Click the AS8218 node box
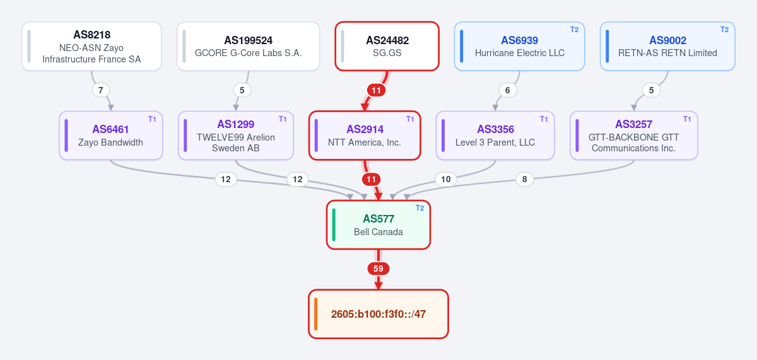tap(91, 46)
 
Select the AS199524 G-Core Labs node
tap(249, 46)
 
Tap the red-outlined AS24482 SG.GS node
tap(387, 46)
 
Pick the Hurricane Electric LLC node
tap(519, 46)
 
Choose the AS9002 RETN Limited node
tap(667, 46)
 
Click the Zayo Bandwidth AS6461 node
tap(111, 136)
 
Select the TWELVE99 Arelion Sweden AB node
tap(236, 136)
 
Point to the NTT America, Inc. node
tap(365, 136)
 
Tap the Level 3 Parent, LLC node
tap(495, 136)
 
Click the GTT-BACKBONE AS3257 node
tap(633, 136)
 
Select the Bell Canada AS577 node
tap(378, 225)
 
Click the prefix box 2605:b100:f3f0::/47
tap(378, 314)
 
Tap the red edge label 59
tap(378, 269)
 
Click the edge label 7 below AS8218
tap(101, 90)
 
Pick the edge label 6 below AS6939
tap(508, 90)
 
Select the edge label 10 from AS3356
tap(446, 179)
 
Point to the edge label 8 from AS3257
tap(524, 179)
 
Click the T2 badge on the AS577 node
tap(420, 208)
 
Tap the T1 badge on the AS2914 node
tap(410, 119)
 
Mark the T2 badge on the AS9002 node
tap(725, 30)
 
